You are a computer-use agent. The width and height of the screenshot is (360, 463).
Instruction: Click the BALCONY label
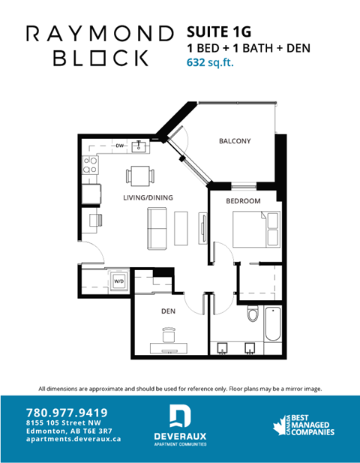234,141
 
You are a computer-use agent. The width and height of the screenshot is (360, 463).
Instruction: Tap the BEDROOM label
244,201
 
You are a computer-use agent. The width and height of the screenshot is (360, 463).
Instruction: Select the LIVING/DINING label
148,197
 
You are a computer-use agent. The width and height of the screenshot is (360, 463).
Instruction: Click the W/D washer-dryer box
118,281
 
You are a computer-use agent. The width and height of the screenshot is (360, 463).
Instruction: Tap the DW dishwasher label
119,146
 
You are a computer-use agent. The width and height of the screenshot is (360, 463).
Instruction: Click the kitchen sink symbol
139,146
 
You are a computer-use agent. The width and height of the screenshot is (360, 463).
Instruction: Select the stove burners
90,164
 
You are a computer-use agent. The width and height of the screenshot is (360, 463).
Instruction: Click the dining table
140,176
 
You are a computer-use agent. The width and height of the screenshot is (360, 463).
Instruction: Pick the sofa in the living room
157,228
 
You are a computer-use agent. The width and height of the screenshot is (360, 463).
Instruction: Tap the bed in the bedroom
252,227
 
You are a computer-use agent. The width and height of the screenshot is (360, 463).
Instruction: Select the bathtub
274,330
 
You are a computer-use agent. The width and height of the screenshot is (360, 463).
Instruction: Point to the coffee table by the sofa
181,227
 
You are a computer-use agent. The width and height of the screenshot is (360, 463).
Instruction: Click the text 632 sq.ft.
210,63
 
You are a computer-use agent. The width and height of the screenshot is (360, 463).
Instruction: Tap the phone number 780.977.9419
67,412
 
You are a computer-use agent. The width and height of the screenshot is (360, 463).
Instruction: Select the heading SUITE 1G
218,32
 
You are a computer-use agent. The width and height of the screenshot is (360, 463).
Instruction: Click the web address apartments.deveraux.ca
73,439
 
